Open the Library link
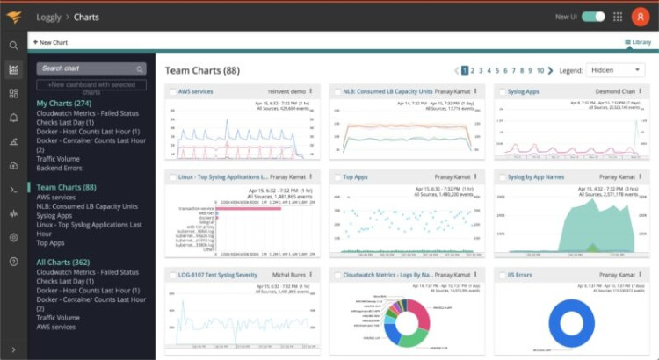637,42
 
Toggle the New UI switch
593,17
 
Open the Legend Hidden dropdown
614,69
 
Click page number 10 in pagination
540,69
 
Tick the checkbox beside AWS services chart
171,91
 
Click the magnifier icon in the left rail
13,45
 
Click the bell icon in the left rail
13,117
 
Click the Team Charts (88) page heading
203,70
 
